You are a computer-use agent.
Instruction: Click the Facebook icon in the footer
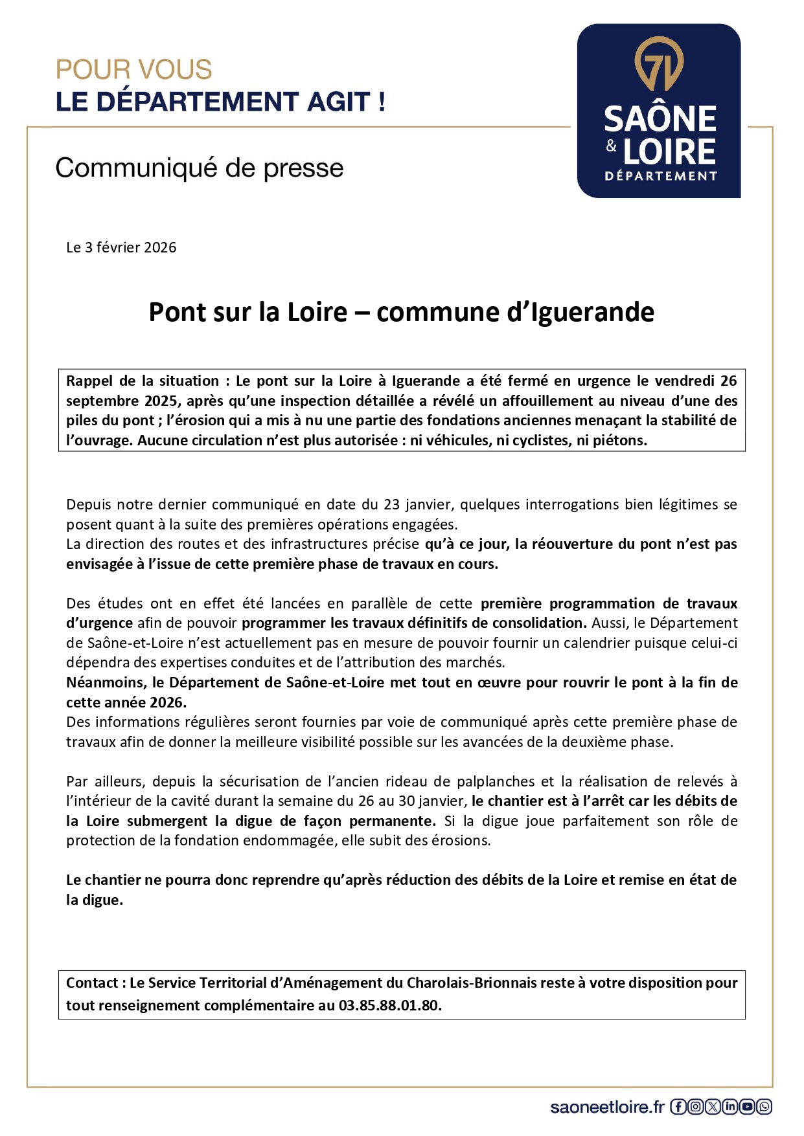pyautogui.click(x=678, y=1107)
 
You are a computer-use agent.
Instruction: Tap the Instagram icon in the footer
pyautogui.click(x=696, y=1107)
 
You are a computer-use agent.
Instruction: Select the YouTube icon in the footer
pyautogui.click(x=748, y=1107)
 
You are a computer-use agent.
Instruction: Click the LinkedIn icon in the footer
pyautogui.click(x=730, y=1107)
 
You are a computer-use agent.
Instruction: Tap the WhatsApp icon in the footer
pyautogui.click(x=764, y=1107)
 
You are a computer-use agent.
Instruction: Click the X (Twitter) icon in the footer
pyautogui.click(x=713, y=1107)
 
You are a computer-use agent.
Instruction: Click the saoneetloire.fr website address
pyautogui.click(x=607, y=1108)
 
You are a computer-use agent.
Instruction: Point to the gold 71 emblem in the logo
pyautogui.click(x=659, y=64)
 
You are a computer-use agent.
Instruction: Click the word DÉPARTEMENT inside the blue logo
pyautogui.click(x=661, y=176)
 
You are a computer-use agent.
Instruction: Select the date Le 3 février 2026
pyautogui.click(x=121, y=247)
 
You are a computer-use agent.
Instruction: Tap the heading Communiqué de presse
pyautogui.click(x=200, y=168)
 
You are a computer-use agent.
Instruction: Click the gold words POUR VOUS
pyautogui.click(x=134, y=70)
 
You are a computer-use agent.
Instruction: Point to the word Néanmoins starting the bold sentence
pyautogui.click(x=106, y=682)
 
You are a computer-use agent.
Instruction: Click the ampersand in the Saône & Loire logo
pyautogui.click(x=612, y=146)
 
